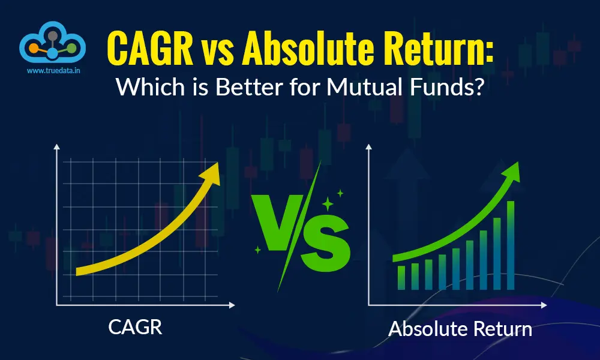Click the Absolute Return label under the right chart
(460, 329)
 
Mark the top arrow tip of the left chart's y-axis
(57, 148)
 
